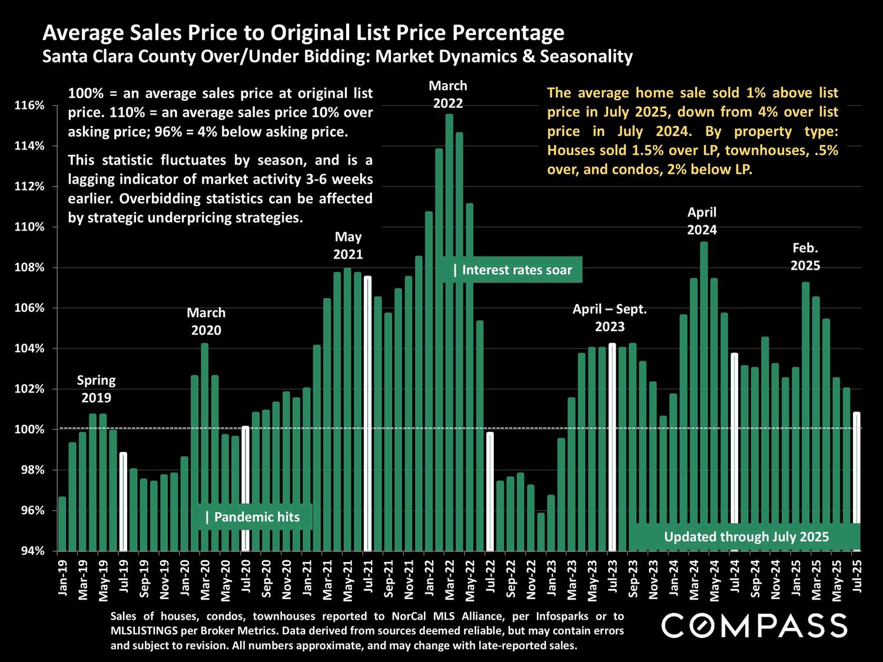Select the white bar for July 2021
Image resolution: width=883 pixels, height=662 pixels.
click(368, 412)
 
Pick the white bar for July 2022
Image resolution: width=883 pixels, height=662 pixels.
click(490, 491)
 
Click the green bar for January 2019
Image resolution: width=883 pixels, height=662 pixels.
click(62, 524)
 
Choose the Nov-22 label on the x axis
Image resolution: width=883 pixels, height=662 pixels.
click(530, 580)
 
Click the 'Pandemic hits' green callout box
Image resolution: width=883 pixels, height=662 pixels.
click(253, 517)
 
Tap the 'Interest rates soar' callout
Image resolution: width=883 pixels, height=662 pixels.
click(512, 270)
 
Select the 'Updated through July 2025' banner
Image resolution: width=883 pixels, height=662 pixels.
click(746, 537)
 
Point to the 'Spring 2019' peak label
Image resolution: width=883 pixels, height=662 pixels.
click(96, 389)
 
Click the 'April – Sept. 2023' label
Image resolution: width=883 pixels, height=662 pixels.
click(610, 318)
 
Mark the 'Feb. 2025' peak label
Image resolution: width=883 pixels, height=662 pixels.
click(805, 257)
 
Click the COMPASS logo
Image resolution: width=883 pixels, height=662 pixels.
click(754, 625)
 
